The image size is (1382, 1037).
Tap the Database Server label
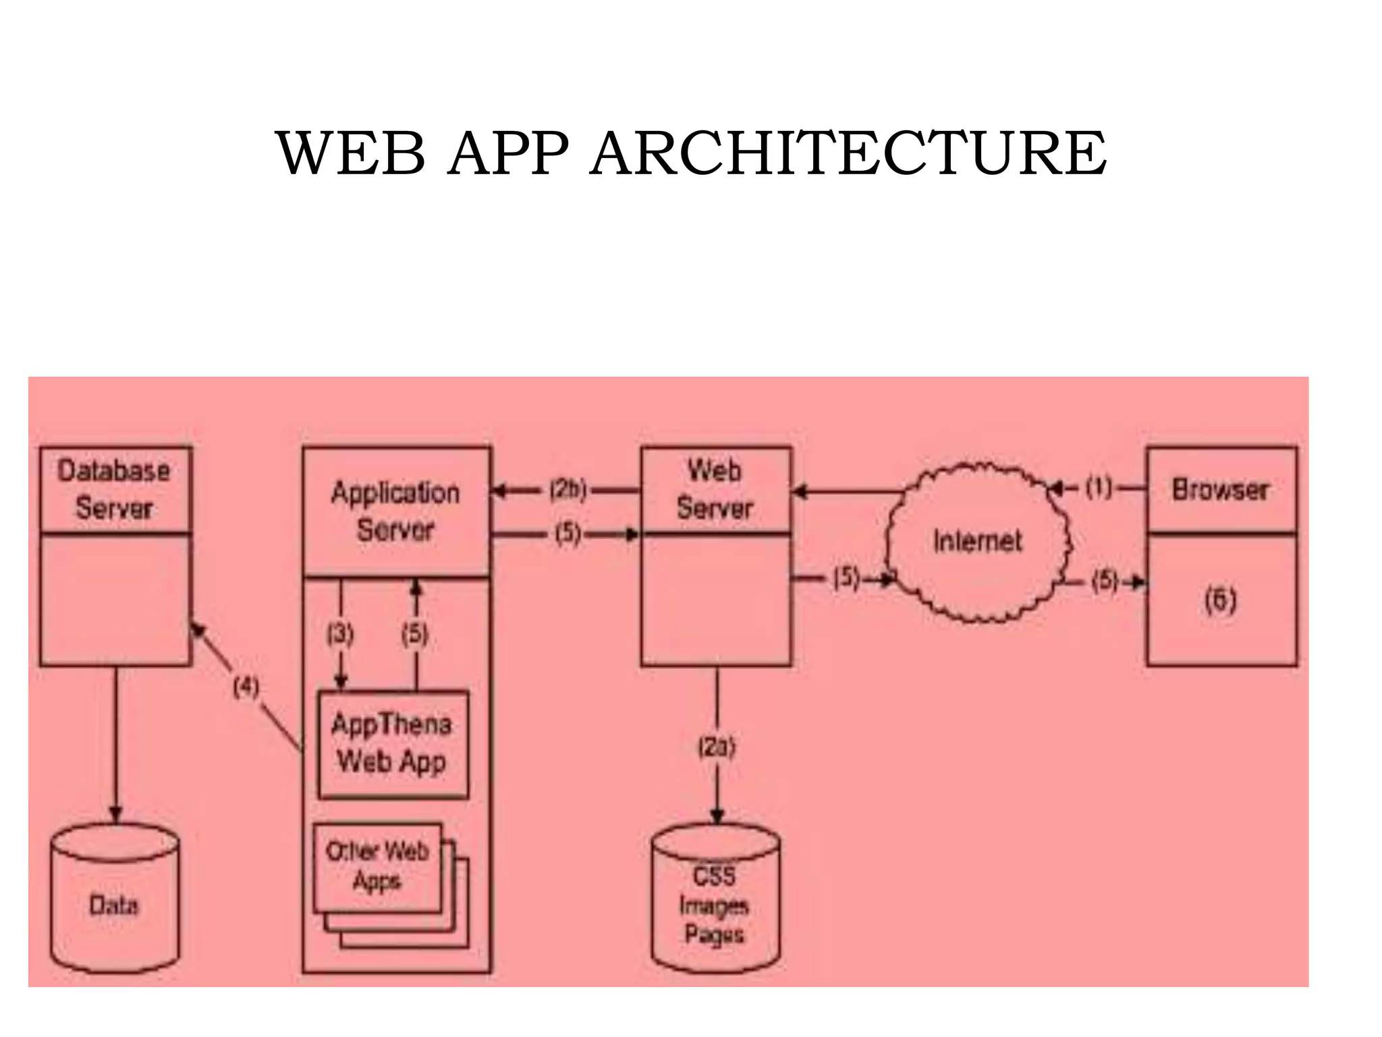point(113,489)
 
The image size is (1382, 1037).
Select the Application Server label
point(395,511)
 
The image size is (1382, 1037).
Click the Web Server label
point(715,489)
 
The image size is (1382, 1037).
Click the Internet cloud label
point(977,541)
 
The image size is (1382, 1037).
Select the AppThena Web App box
point(393,743)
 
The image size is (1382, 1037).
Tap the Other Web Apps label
point(377,866)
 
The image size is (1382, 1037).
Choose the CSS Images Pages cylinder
point(715,905)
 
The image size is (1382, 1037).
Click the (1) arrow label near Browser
point(1099,487)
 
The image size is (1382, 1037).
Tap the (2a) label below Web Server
point(716,747)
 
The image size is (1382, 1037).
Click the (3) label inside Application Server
point(340,634)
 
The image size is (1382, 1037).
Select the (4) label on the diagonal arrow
point(246,687)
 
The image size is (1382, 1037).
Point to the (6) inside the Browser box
point(1220,600)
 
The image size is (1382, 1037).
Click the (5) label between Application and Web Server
point(568,534)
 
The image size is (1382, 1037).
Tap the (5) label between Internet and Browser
point(1105,581)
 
